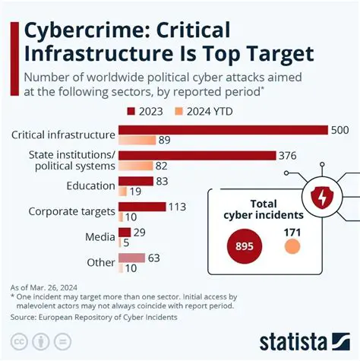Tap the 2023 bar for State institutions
[x=197, y=156]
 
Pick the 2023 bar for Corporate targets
[x=142, y=206]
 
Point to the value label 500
[x=339, y=130]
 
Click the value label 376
[x=289, y=156]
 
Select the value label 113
[x=177, y=206]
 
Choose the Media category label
[x=99, y=236]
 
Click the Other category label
[x=100, y=262]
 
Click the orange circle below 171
[x=292, y=246]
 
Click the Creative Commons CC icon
[x=21, y=340]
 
